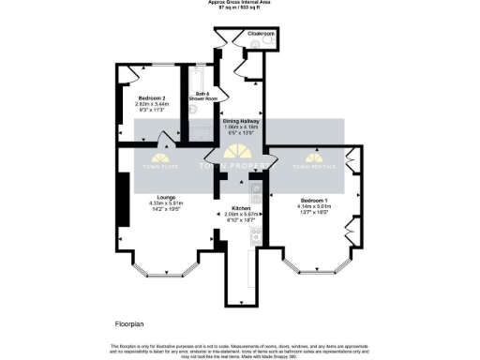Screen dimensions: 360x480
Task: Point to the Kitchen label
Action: [240, 208]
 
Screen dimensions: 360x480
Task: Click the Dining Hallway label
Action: [241, 121]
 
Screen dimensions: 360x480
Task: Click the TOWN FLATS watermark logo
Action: [153, 160]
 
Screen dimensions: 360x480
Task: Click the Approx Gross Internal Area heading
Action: [240, 3]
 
